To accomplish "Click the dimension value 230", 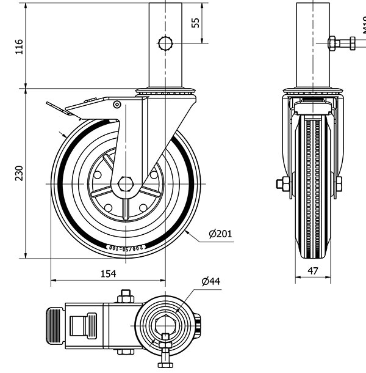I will coord(19,174).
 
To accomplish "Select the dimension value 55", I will coord(196,23).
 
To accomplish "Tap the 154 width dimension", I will coord(108,274).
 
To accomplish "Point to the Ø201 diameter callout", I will coord(220,234).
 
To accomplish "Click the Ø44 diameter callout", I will coord(210,281).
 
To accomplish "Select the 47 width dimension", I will coord(313,270).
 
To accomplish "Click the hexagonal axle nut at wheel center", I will coord(126,183).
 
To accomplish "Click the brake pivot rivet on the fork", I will coord(117,105).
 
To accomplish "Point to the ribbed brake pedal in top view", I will coord(52,324).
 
